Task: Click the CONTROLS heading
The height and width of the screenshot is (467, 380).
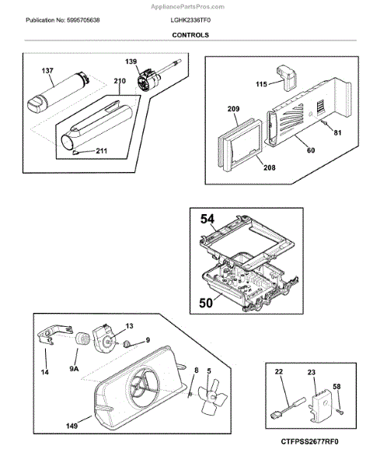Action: tap(190, 35)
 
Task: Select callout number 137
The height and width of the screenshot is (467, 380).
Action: tap(47, 71)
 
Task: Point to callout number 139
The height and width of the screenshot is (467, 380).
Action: tap(131, 61)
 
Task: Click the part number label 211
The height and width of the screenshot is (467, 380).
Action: tap(101, 151)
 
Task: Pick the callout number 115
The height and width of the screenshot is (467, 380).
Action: tap(261, 84)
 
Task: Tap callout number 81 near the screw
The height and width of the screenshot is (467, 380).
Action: tap(337, 133)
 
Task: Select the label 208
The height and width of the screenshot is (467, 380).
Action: tap(270, 167)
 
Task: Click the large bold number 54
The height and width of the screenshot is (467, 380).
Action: tap(207, 219)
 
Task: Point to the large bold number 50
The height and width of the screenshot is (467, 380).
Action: tap(206, 303)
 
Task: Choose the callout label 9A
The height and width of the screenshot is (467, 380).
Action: tap(74, 369)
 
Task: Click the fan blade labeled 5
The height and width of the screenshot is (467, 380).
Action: tap(212, 399)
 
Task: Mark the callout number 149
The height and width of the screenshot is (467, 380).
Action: tap(71, 426)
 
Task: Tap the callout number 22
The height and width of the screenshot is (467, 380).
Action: tap(279, 372)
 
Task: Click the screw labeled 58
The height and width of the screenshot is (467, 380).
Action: tap(340, 412)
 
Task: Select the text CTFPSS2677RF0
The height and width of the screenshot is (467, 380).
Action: tap(309, 441)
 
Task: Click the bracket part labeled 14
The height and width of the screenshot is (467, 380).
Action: tap(54, 334)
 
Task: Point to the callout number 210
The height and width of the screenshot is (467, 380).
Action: tap(120, 81)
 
